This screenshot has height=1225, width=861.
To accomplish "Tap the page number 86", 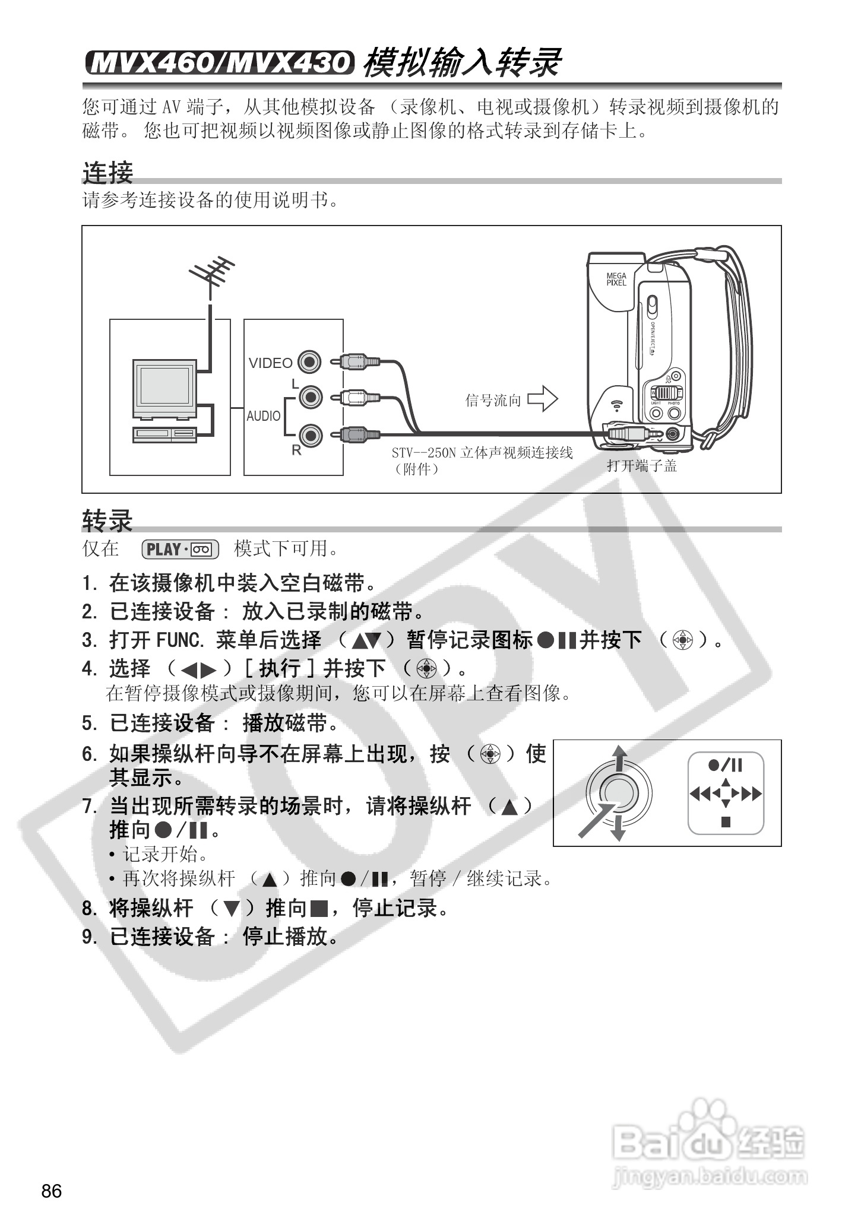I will tap(52, 1191).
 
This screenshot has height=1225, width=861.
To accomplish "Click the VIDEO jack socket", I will tap(309, 361).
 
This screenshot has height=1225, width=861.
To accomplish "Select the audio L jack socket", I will tap(310, 396).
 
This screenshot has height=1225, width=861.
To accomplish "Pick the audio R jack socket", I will tap(310, 435).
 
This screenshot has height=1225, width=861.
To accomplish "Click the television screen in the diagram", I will tap(164, 385).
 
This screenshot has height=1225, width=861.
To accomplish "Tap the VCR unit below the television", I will tap(164, 434).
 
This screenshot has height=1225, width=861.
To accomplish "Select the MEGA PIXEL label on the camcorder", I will tap(616, 279).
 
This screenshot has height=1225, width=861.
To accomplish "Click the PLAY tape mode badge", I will tap(181, 549).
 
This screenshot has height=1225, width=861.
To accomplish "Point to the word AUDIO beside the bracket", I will tap(264, 416).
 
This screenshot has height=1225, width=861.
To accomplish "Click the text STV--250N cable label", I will tap(482, 453).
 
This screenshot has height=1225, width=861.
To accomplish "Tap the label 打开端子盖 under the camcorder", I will tap(641, 466).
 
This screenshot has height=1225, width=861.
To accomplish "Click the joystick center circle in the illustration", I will tap(619, 792).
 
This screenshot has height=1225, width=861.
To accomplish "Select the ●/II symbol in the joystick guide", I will tap(725, 765).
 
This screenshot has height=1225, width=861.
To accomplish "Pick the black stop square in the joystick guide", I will tap(726, 822).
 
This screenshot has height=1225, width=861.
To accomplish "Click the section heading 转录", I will tap(107, 521).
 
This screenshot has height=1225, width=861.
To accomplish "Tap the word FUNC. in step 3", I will tap(180, 640).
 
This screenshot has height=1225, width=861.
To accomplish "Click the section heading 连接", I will tap(107, 173).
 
